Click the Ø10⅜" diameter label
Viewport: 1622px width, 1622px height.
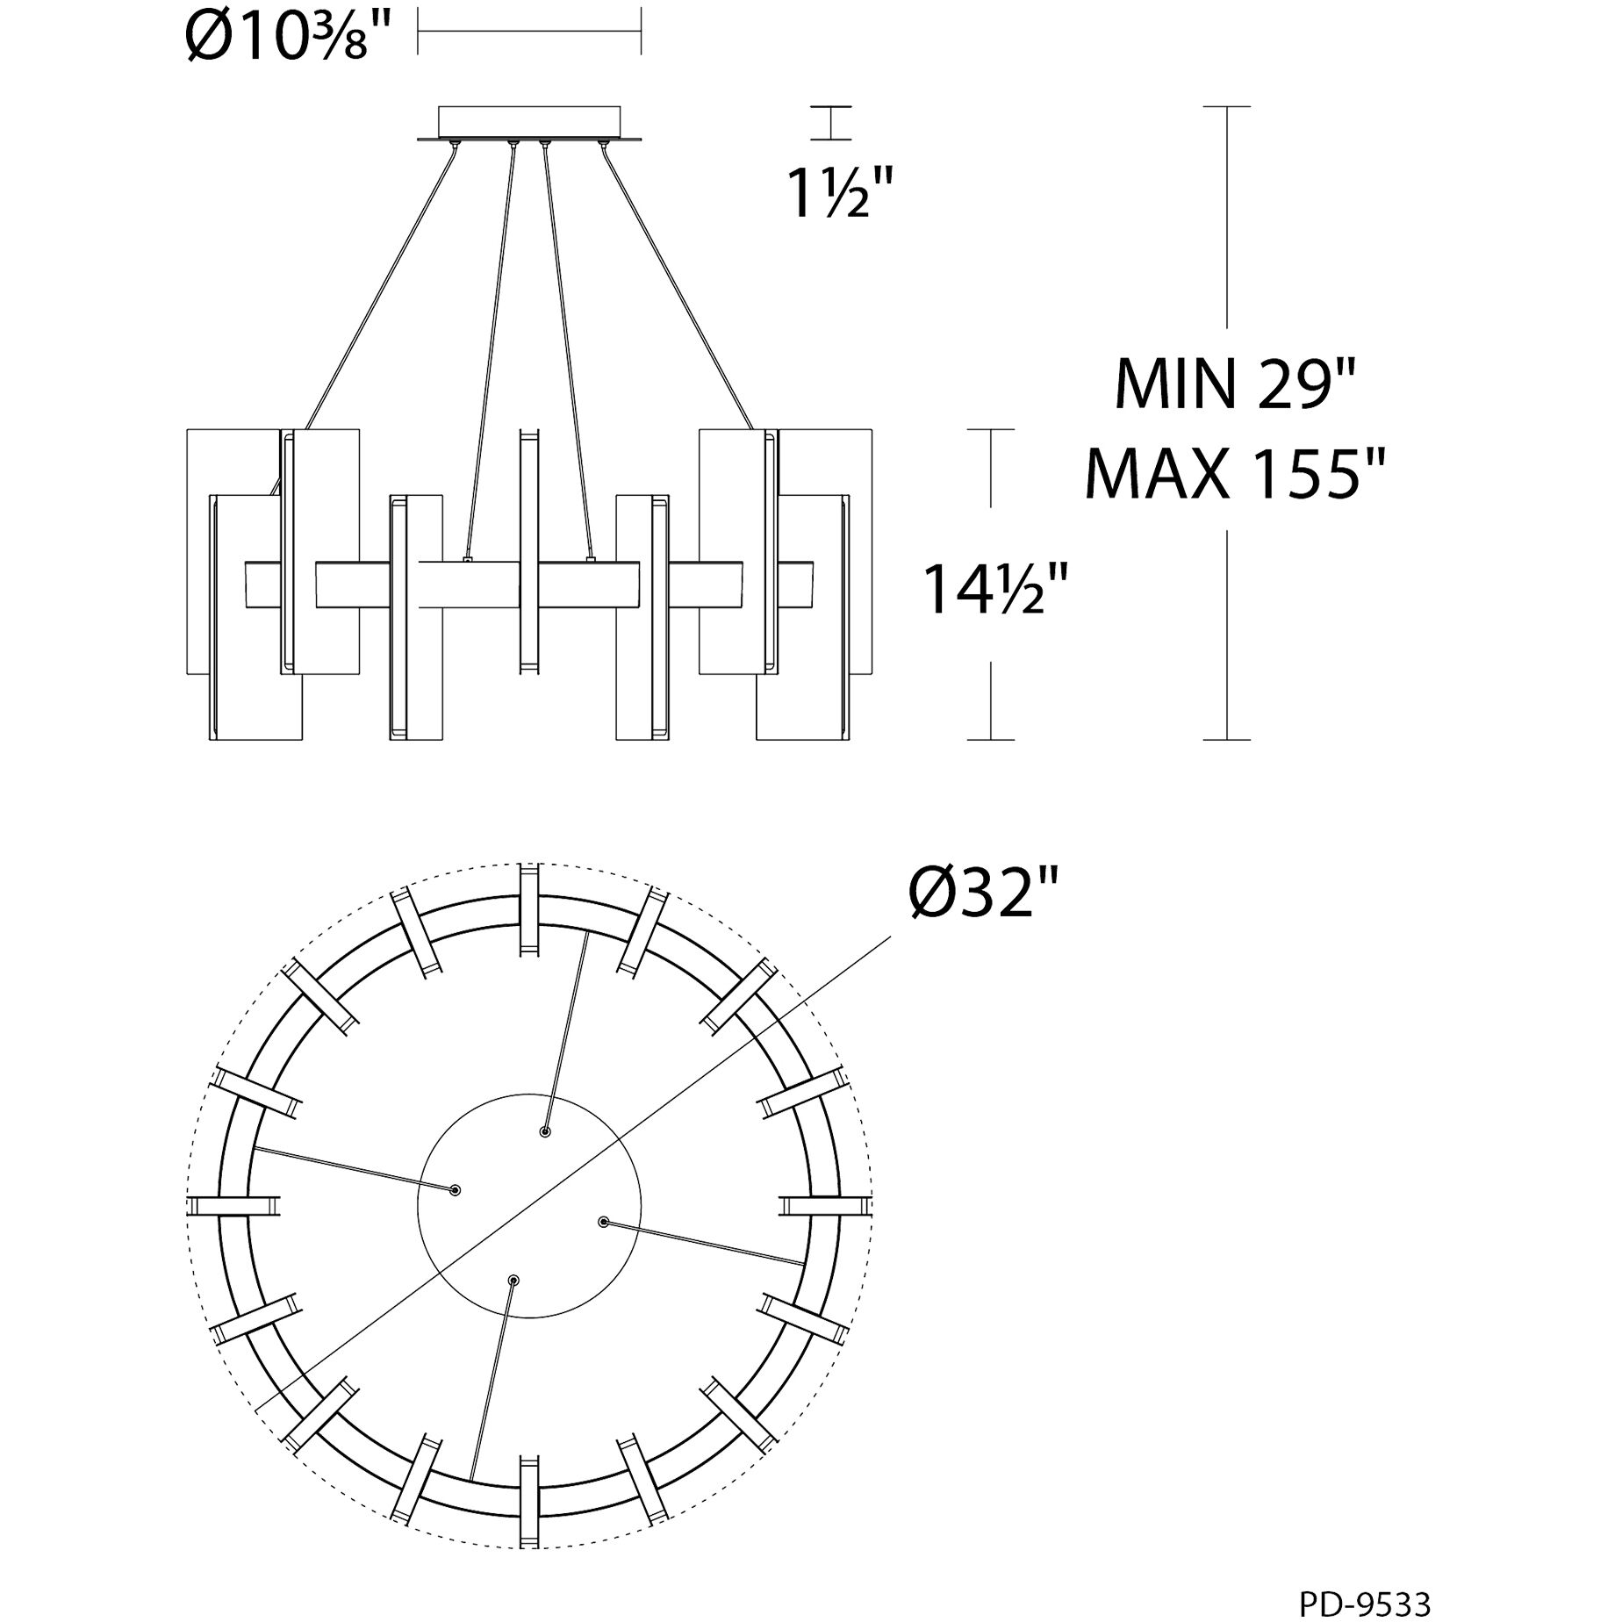click(x=288, y=35)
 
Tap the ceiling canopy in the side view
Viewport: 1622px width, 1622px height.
click(x=529, y=122)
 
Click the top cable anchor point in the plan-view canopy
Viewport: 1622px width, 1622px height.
click(x=546, y=1132)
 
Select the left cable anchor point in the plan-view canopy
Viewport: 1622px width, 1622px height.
click(x=455, y=1190)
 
